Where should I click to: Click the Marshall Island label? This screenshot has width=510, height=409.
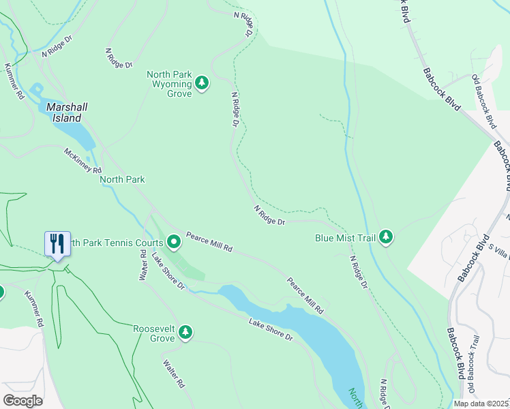coord(67,112)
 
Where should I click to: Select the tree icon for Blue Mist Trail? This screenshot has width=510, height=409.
coord(387,237)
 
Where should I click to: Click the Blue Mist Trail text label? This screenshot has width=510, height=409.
coord(344,239)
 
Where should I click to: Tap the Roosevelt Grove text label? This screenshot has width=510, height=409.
coord(153,333)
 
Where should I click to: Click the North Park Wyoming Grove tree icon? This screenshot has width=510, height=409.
coord(201,83)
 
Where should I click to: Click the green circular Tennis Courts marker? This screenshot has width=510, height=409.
coord(173,241)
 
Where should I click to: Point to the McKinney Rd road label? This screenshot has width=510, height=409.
coord(83,161)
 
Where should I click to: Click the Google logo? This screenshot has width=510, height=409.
coord(23,400)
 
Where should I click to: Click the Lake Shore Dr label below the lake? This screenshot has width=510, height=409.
coord(270,330)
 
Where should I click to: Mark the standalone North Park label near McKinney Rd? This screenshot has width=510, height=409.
coord(122,180)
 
